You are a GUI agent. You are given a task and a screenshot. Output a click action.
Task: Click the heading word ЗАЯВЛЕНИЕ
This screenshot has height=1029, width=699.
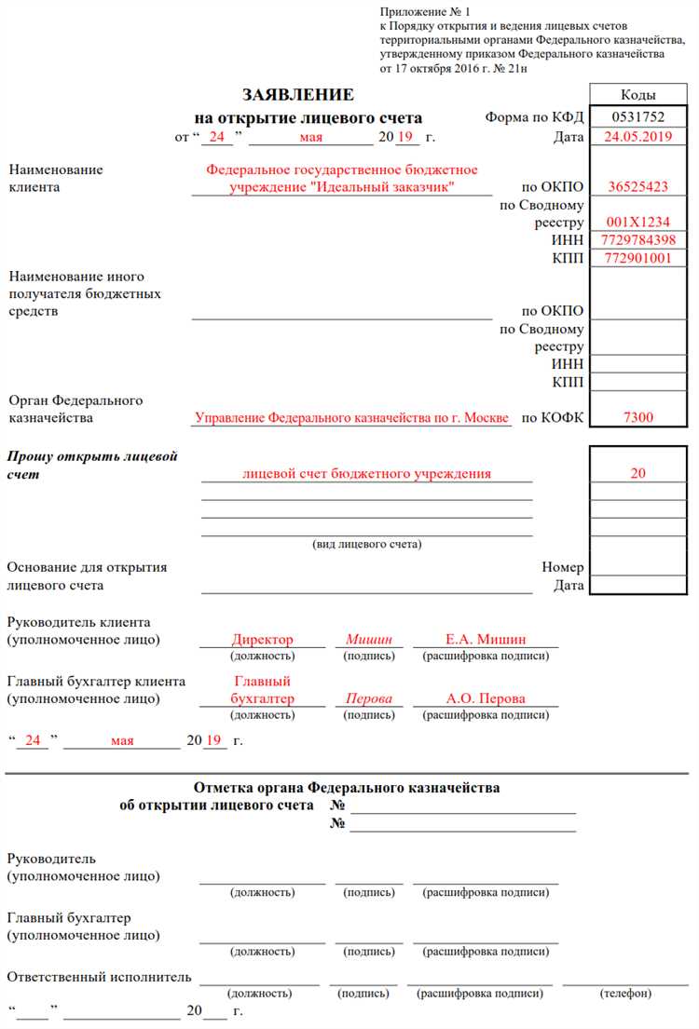tap(298, 95)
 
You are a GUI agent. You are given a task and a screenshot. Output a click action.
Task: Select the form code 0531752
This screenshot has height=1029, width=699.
tap(637, 117)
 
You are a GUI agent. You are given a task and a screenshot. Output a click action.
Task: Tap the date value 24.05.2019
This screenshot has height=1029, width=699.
tap(637, 136)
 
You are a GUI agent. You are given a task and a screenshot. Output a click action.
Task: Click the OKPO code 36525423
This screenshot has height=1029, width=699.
tap(637, 187)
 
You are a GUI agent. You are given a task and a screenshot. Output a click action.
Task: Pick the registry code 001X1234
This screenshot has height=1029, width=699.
tap(637, 223)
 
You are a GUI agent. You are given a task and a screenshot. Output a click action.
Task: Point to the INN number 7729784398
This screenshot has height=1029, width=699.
tap(637, 240)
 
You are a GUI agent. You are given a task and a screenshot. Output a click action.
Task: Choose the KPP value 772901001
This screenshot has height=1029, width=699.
tap(637, 258)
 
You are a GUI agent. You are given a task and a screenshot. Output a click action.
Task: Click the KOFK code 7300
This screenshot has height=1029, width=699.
tap(637, 418)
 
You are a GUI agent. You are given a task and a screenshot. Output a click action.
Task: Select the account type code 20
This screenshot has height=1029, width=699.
tap(637, 474)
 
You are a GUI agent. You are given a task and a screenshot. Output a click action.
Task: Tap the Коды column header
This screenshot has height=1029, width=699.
tap(637, 95)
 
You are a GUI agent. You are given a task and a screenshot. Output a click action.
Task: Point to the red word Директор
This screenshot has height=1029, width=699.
tap(262, 640)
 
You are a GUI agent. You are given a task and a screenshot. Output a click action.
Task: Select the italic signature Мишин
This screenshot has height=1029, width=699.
tap(369, 640)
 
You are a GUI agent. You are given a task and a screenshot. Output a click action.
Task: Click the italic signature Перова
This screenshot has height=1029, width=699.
tap(369, 698)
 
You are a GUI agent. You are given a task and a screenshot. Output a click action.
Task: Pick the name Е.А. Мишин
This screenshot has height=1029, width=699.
tap(486, 640)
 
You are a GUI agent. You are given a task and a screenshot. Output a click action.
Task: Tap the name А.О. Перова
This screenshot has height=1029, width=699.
tap(486, 698)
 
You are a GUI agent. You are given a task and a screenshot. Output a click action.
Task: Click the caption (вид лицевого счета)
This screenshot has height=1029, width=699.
tap(366, 544)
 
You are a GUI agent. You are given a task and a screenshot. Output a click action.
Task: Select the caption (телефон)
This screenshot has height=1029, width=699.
tap(626, 994)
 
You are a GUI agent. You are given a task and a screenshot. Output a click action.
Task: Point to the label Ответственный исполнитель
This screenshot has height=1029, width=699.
tap(99, 977)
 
